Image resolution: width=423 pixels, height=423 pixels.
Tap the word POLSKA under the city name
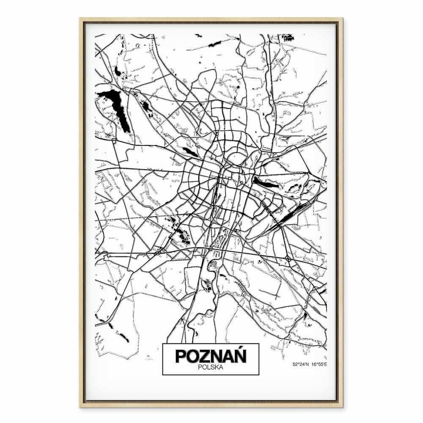click(x=211, y=368)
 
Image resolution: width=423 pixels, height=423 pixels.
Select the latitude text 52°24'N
click(x=301, y=364)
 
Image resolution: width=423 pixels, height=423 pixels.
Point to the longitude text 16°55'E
click(x=319, y=364)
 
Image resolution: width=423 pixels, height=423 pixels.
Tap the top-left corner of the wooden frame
click(x=80, y=18)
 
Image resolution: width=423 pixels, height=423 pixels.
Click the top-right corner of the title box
click(x=258, y=343)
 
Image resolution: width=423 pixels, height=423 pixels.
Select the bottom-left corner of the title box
click(x=163, y=375)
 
